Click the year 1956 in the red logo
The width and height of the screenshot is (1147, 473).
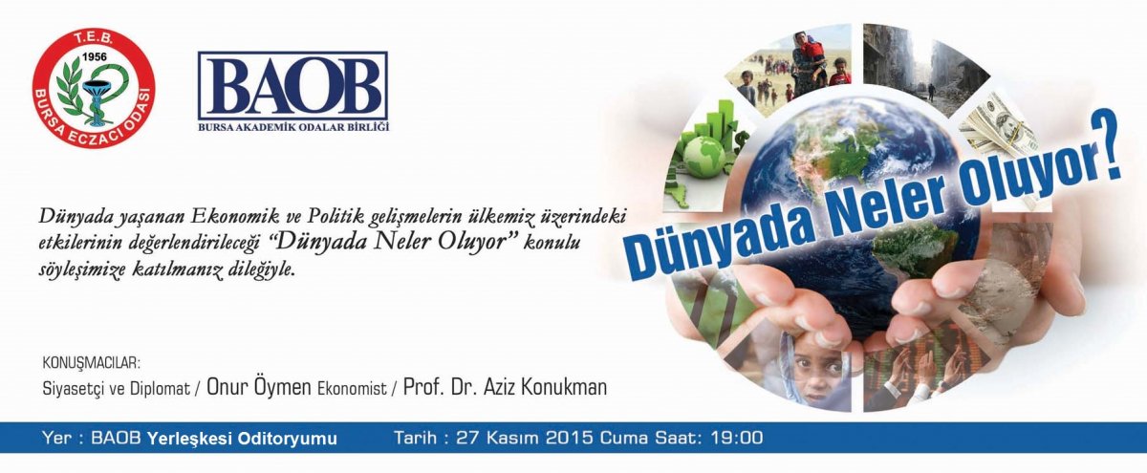click(94, 55)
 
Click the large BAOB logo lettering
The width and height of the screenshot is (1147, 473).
click(292, 86)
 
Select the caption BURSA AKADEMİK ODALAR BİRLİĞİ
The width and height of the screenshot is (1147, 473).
click(293, 126)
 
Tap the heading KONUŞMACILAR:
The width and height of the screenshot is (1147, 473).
click(91, 363)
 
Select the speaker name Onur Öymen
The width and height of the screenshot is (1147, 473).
click(259, 387)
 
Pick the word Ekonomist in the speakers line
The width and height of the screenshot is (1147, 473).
click(353, 389)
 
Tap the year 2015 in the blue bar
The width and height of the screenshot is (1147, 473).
click(570, 438)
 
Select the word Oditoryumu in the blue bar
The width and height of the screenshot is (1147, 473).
click(289, 439)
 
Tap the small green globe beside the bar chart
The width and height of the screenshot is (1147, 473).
click(703, 156)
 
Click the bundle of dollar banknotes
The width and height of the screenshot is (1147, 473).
click(998, 128)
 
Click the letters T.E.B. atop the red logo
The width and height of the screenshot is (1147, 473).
click(94, 38)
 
